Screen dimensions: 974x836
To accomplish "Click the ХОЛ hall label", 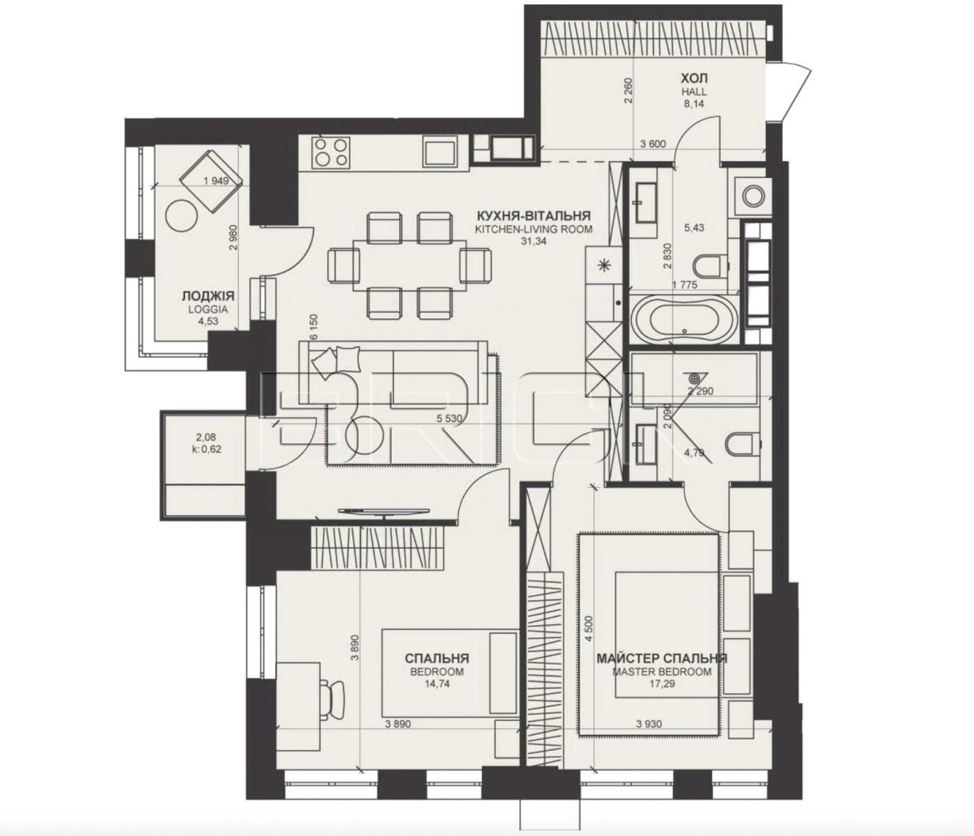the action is [694, 78].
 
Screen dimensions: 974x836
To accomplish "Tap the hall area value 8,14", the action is [694, 104].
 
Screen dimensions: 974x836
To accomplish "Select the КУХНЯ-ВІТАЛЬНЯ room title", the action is [534, 216].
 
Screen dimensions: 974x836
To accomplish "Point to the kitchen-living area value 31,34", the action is [534, 242].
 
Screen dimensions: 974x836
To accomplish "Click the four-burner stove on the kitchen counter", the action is [332, 152].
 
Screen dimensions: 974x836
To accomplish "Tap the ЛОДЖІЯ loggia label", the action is [208, 296].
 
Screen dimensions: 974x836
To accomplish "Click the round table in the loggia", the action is [181, 215].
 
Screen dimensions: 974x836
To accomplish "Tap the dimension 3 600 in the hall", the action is [653, 144].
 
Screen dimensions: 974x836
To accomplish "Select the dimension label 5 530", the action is [450, 417].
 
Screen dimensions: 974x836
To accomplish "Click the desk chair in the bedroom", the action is [330, 694].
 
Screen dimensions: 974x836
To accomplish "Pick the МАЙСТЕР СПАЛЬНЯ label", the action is [662, 658].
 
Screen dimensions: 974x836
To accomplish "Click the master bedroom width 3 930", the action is [649, 724].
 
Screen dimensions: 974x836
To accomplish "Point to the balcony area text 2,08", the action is [206, 437].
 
